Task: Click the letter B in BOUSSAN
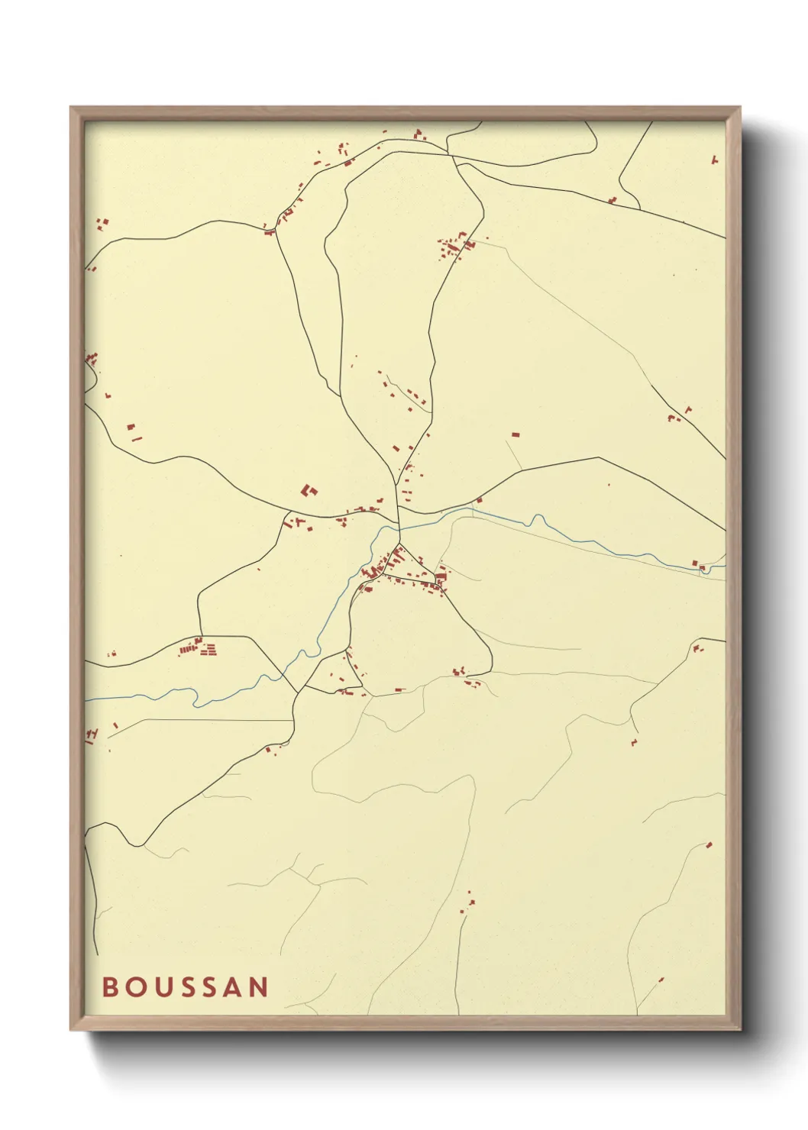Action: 110,986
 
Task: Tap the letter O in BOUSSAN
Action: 135,986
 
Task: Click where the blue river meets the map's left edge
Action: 86,699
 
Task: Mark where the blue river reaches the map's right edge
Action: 724,566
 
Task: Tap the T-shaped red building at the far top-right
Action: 715,160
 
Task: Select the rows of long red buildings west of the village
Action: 198,649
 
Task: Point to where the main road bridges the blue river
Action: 399,527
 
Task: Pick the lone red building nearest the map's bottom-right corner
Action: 661,979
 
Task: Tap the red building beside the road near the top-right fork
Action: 612,200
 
